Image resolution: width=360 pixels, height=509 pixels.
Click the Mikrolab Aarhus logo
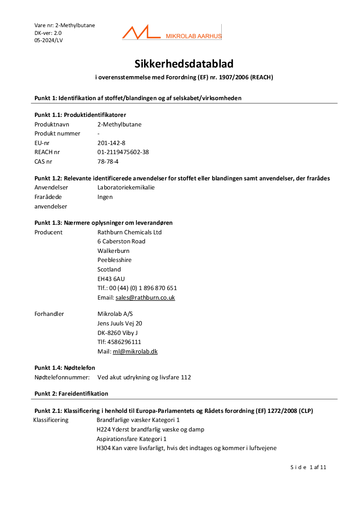(x=171, y=33)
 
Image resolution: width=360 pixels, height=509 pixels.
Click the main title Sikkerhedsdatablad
(x=184, y=63)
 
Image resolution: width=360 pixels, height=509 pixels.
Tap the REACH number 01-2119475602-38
(x=123, y=152)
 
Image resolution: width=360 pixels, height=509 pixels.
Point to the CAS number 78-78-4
(x=108, y=161)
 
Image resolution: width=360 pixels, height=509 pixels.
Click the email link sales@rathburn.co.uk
(x=145, y=298)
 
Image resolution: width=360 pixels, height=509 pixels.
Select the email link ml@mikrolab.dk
(x=135, y=351)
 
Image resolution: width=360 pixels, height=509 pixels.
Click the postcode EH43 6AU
(x=111, y=279)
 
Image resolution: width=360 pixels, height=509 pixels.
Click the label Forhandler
(x=49, y=314)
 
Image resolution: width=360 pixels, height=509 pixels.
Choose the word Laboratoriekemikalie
(x=126, y=187)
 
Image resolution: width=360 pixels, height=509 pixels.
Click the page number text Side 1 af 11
(x=308, y=467)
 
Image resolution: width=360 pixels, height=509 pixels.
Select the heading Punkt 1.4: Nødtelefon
(x=65, y=368)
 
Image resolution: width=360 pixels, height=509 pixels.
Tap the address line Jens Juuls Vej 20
(x=120, y=323)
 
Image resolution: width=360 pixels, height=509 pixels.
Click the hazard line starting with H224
(x=150, y=429)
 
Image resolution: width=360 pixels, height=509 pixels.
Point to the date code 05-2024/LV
(x=49, y=40)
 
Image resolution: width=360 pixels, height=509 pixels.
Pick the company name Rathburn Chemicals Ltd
(x=130, y=232)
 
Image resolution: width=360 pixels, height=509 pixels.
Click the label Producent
(x=49, y=232)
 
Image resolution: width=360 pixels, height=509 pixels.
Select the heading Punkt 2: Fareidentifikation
(x=71, y=393)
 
